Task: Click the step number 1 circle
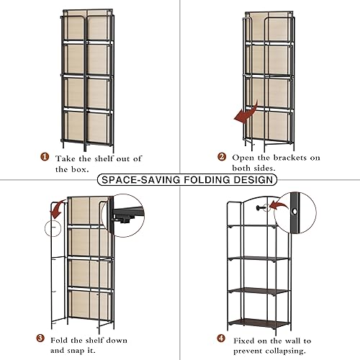coord(45,158)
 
